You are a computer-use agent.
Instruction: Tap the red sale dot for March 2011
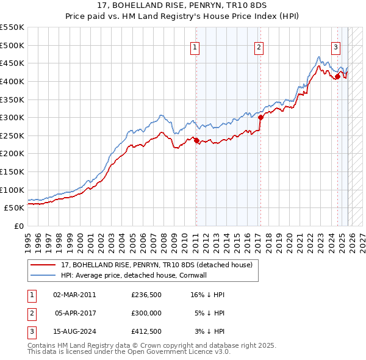click(196, 141)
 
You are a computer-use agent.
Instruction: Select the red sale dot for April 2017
click(260, 117)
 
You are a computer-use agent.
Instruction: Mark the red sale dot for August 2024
click(337, 77)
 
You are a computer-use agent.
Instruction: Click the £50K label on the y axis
click(15, 207)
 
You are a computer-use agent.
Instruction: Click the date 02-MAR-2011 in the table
click(74, 295)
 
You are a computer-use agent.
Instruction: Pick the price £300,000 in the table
click(146, 312)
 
